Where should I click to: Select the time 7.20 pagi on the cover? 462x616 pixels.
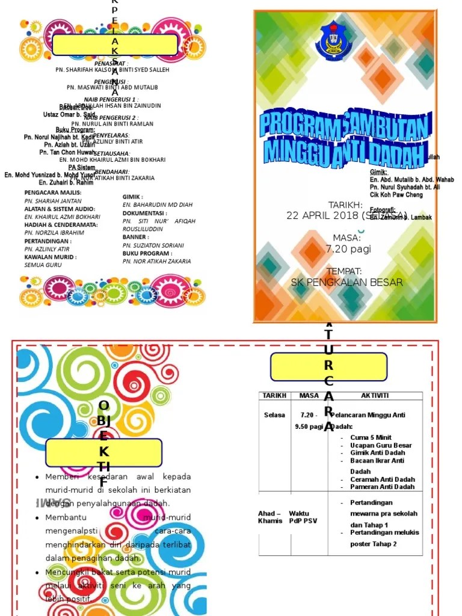[348, 248]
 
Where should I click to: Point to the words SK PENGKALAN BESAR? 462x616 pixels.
[346, 282]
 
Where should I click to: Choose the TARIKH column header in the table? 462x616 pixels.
[274, 395]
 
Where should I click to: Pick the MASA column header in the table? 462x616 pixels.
[309, 395]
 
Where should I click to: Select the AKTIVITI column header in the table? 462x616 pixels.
[375, 395]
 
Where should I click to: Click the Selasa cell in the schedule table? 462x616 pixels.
[274, 415]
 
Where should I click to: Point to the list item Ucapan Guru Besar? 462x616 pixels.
[381, 445]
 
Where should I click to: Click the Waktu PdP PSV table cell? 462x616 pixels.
[302, 517]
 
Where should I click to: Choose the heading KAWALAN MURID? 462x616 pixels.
[50, 257]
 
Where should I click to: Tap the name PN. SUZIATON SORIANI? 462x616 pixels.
[153, 245]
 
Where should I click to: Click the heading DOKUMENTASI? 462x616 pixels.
[144, 213]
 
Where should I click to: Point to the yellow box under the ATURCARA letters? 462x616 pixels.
[329, 366]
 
